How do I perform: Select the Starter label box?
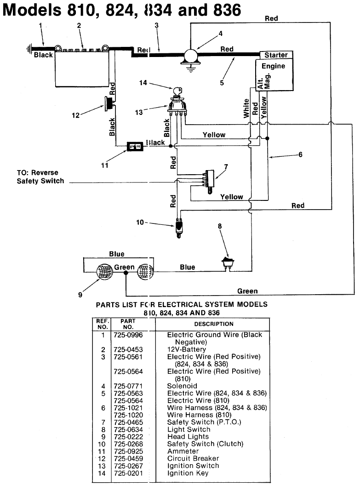click(x=276, y=55)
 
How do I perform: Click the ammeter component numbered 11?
click(x=135, y=146)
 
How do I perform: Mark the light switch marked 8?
click(x=226, y=263)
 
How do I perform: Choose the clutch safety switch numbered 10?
click(x=178, y=227)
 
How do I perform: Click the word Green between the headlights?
click(x=124, y=267)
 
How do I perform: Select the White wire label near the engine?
click(x=246, y=108)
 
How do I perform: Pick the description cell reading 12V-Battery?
click(x=186, y=349)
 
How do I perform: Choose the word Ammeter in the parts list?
click(x=183, y=451)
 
